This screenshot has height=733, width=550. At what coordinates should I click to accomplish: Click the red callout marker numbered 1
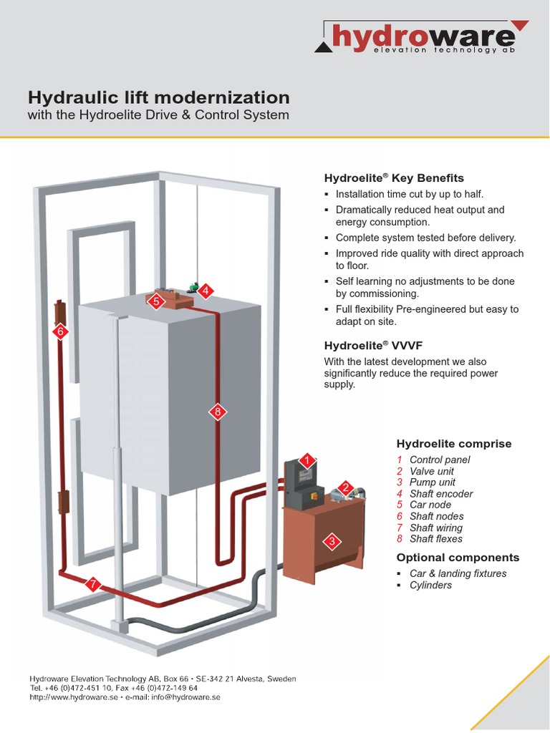307,460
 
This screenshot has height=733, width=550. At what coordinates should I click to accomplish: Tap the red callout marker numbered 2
345,488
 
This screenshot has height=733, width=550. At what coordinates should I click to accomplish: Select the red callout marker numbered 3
332,542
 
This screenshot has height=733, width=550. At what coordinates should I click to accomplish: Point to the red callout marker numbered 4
206,291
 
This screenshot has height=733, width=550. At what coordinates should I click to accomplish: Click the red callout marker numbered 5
155,302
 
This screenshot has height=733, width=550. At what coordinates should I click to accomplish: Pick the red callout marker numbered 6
60,331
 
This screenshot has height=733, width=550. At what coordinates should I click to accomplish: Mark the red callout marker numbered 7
92,584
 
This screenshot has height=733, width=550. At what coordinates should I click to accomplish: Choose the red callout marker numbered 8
218,412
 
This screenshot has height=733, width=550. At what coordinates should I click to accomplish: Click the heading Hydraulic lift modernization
158,97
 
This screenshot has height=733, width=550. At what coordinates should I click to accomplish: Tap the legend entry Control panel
439,460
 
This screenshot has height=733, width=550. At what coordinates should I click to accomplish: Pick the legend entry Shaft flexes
435,539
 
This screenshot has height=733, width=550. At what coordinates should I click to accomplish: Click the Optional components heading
458,558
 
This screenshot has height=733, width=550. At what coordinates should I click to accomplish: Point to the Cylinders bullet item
430,585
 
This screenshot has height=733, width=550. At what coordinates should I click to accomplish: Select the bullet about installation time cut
409,194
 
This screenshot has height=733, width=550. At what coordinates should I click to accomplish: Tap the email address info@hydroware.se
180,696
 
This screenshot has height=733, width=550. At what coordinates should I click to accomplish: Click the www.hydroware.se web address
78,696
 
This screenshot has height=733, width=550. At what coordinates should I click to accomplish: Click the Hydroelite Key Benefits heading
394,178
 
